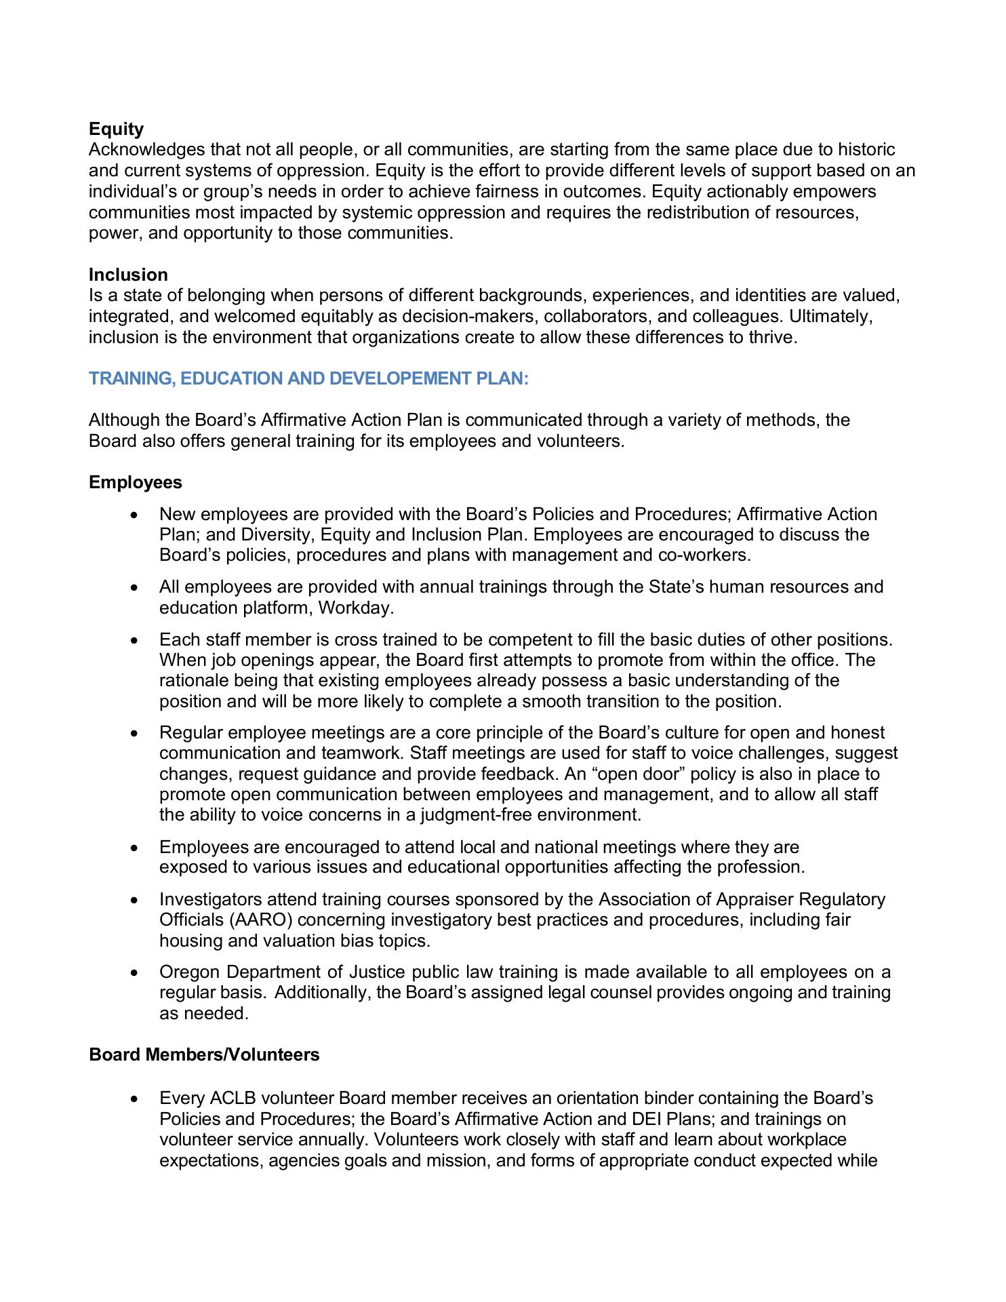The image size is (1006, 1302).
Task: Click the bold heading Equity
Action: [x=116, y=129]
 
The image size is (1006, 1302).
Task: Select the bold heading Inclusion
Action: [x=128, y=275]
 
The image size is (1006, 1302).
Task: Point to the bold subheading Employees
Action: [x=136, y=482]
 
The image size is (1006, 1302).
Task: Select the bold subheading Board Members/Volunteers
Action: [x=204, y=1054]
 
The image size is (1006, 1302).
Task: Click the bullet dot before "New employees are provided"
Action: [x=136, y=515]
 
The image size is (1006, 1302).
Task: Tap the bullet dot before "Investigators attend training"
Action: [x=136, y=901]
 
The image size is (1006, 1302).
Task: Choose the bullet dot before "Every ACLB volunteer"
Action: [x=136, y=1099]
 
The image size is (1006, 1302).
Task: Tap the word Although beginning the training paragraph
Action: [x=123, y=420]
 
